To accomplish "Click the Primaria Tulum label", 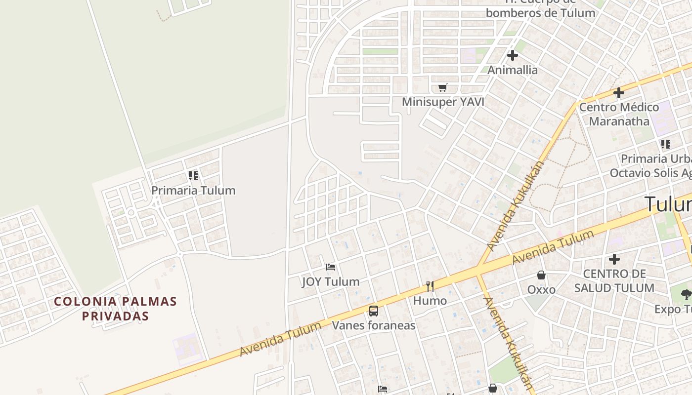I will pos(193,191).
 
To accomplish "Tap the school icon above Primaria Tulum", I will pos(193,175).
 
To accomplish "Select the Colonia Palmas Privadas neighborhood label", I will pos(115,309).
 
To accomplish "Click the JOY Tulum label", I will pos(331,282).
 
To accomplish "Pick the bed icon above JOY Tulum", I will pos(331,267).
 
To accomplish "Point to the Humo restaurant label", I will pos(430,301).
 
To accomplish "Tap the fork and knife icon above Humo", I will pos(430,286).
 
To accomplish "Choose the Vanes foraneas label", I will pos(374,326).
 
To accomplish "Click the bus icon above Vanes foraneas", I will pos(374,311).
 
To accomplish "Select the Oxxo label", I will pos(541,290).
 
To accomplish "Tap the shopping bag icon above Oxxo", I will pos(541,275).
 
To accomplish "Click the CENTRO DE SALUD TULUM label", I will pos(614,280).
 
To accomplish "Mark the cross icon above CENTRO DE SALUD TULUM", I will pos(614,259).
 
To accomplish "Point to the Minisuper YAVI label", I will pos(443,102).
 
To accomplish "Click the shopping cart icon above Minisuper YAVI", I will pos(443,88).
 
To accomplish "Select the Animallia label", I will pos(513,70).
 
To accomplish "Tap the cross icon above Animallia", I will pos(513,55).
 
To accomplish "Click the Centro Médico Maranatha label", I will pos(619,114).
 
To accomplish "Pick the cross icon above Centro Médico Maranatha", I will pos(619,92).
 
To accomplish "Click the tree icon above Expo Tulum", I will pos(686,295).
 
